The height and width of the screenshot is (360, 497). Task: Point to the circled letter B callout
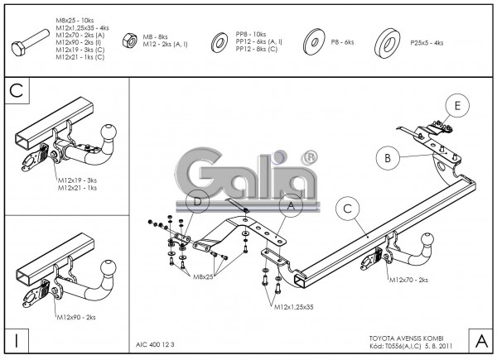pos(386,156)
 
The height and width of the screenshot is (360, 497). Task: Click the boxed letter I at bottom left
pos(16,339)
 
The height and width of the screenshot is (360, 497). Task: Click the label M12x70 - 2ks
pos(408,280)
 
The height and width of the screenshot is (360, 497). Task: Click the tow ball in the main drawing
pos(408,246)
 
